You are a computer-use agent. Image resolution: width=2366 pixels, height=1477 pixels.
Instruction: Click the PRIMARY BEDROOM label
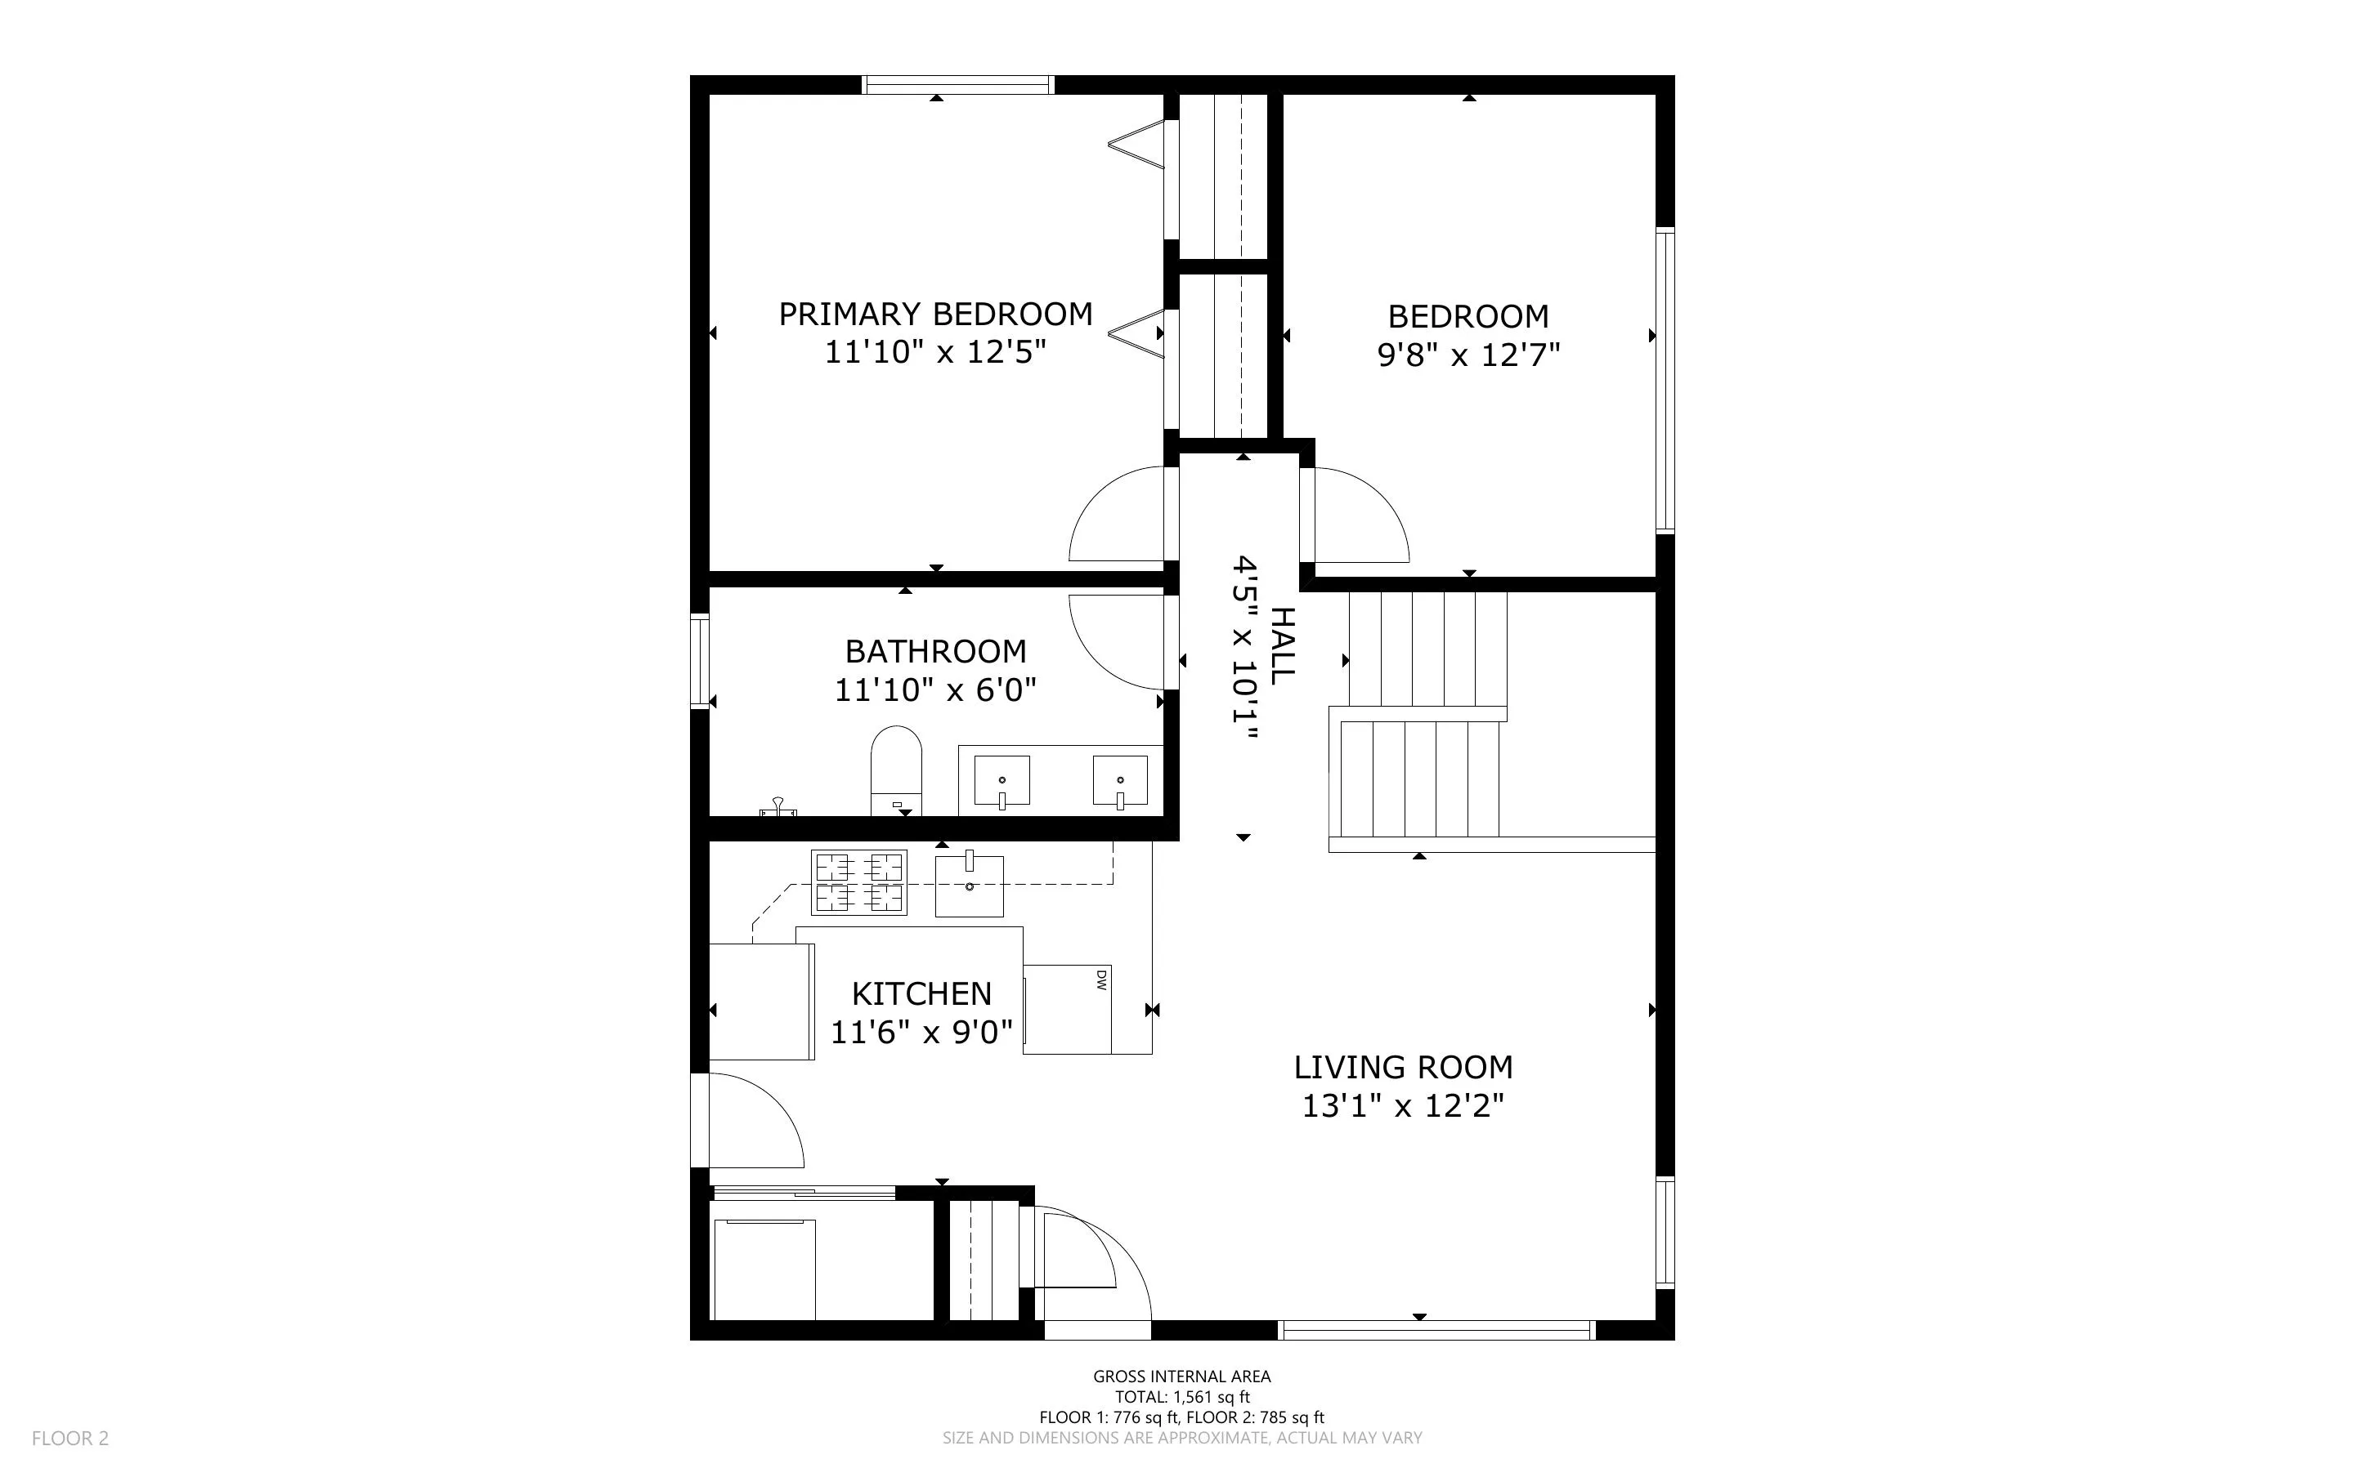point(935,315)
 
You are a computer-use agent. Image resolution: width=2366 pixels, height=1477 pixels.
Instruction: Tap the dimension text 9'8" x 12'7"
point(1468,355)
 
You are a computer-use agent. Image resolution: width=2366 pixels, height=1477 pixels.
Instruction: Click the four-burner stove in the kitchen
point(859,883)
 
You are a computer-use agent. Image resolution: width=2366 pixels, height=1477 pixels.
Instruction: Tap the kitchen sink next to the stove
point(970,886)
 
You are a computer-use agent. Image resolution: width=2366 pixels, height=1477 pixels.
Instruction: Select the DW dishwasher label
point(1100,979)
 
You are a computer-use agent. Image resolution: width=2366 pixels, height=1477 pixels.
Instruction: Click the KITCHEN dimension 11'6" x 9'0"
point(921,1033)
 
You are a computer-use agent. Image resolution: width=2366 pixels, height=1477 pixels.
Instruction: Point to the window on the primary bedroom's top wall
point(957,85)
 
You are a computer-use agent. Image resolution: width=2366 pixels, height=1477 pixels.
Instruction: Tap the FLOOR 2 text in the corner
point(70,1438)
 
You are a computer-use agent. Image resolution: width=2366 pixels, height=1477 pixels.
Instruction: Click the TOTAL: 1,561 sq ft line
point(1181,1397)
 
